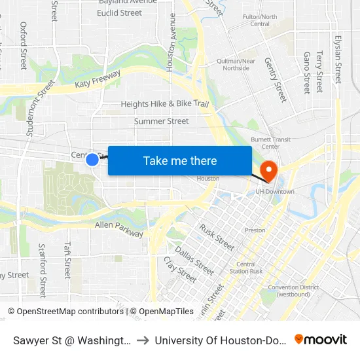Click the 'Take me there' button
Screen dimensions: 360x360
[179, 161]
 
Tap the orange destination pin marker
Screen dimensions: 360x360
[268, 171]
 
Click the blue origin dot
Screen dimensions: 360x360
[92, 159]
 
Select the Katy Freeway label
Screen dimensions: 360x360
[98, 80]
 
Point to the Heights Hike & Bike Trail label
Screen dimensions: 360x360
[164, 104]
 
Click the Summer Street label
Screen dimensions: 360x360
[161, 121]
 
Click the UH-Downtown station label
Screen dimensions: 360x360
[274, 191]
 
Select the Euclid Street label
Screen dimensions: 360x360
[119, 13]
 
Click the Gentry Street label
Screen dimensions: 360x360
[276, 79]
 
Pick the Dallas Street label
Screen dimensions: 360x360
[194, 259]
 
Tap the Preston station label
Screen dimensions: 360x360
[255, 230]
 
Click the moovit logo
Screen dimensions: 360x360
[321, 339]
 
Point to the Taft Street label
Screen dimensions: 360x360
[67, 260]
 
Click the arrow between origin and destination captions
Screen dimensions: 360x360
[143, 340]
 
